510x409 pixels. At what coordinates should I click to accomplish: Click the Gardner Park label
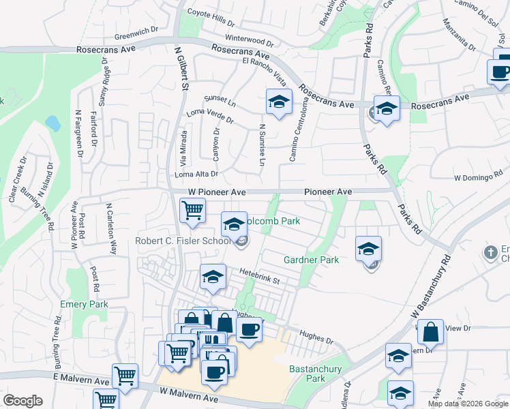tap(311, 260)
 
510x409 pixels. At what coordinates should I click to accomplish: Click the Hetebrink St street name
tap(258, 276)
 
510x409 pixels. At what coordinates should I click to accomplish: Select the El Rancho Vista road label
tap(265, 70)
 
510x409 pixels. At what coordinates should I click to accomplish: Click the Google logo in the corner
tap(22, 401)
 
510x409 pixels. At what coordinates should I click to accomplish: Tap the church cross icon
tap(489, 253)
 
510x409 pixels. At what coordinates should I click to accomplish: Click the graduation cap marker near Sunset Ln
tap(278, 102)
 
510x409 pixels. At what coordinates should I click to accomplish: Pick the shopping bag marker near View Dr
tap(430, 333)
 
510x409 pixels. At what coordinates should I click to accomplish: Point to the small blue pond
tap(52, 123)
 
